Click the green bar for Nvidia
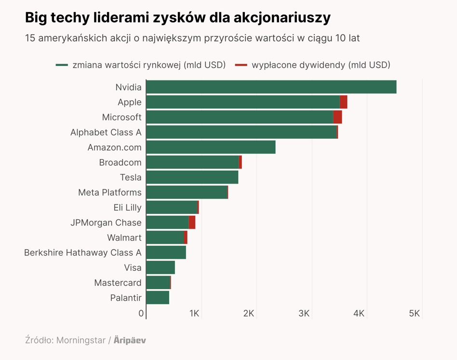pos(271,87)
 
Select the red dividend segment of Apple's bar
pos(343,102)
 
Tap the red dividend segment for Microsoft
pos(337,117)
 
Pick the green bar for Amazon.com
pos(211,147)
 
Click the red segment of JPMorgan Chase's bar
pos(192,222)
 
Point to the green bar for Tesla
pos(192,177)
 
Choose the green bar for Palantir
pos(158,297)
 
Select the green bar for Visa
pos(161,267)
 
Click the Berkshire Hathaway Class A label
pos(83,253)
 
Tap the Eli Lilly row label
pos(127,207)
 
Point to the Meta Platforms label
pos(109,192)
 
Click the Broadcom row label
pos(120,162)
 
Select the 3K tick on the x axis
pos(304,313)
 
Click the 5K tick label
pos(414,313)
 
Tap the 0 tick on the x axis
pos(141,313)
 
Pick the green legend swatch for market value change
pos(62,65)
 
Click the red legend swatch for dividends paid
pos(241,65)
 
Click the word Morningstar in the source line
pos(81,340)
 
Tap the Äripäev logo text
pos(130,340)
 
